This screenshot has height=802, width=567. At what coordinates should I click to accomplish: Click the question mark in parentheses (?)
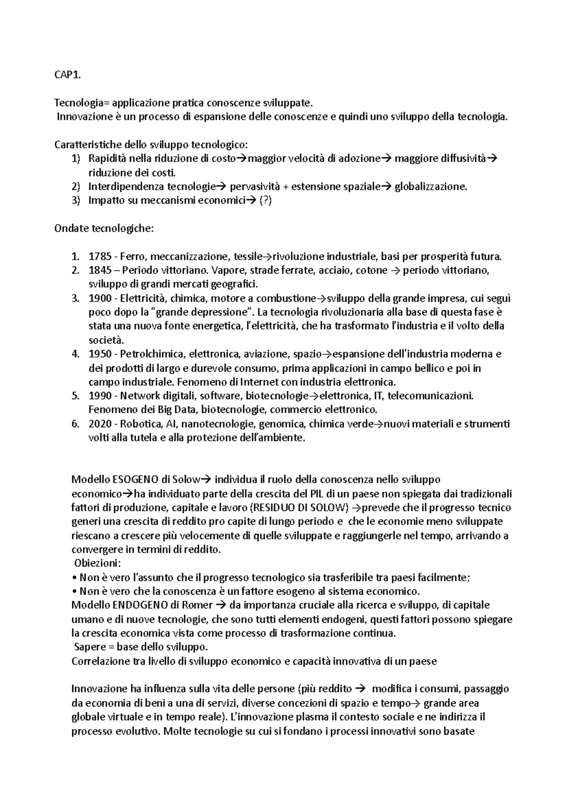coord(266,201)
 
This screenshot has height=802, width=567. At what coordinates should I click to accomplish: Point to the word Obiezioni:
coord(97,563)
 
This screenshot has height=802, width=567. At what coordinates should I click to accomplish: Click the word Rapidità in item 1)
coord(108,159)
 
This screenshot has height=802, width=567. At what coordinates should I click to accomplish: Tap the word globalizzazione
coord(430,187)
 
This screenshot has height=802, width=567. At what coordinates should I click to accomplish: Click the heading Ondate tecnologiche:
coord(104,229)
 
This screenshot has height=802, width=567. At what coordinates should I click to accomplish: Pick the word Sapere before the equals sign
coord(90,647)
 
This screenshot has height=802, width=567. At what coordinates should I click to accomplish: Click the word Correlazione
coord(98,661)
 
